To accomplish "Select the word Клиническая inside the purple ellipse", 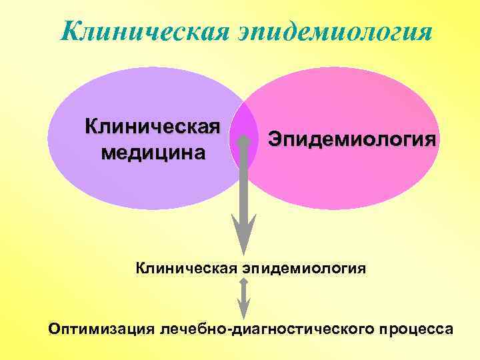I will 153,126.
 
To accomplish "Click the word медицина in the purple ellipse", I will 153,153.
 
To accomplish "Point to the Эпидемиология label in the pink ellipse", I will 353,139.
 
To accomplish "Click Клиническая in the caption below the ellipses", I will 184,268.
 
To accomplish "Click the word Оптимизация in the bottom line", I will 101,329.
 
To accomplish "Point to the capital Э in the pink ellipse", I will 275,139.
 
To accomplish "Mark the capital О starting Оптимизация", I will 55,329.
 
